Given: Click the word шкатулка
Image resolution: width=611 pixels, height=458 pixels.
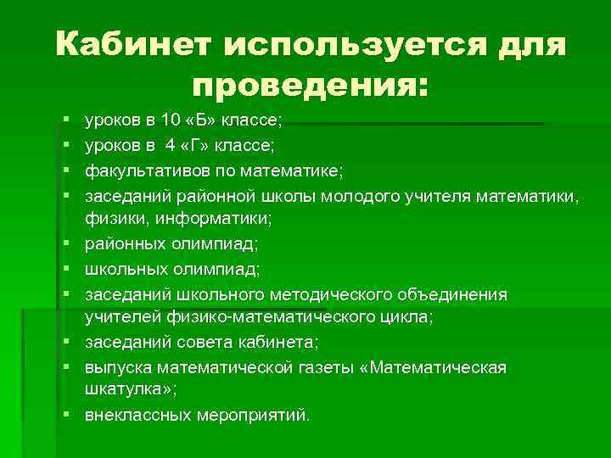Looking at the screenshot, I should point(118,391).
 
